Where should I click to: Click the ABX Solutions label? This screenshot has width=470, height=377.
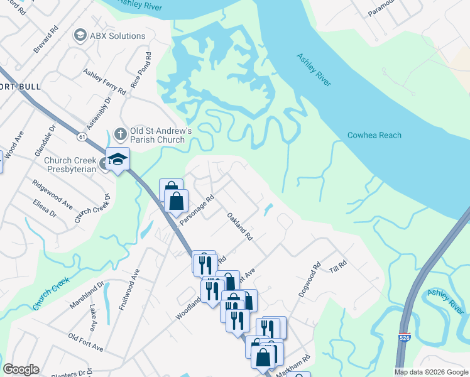117,36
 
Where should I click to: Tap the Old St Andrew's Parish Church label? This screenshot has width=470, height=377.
160,136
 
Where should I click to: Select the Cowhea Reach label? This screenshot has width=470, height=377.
374,135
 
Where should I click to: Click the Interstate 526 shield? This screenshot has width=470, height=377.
404,338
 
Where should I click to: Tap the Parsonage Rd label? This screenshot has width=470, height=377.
197,209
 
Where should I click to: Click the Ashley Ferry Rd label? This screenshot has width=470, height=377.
104,82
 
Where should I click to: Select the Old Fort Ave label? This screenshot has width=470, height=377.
85,343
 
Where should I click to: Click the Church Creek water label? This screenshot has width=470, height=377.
50,293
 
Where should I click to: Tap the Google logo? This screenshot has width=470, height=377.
21,369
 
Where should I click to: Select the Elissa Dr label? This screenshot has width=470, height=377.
45,209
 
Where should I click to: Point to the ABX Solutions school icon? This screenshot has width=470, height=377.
80,36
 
